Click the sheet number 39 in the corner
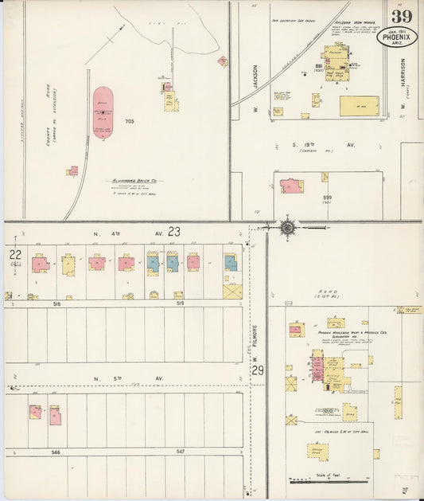pos(400,17)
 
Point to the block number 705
pos(129,121)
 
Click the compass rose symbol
pos(286,227)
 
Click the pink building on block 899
pos(291,186)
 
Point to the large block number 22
pos(14,254)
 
